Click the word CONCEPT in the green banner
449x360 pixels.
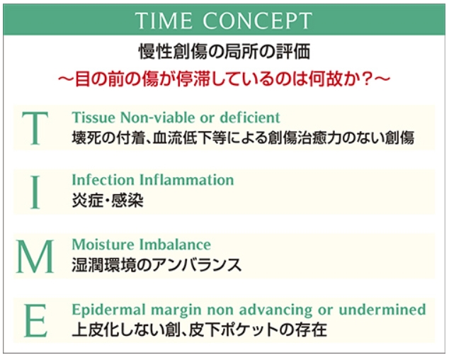coord(257,21)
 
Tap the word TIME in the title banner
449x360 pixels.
coord(164,21)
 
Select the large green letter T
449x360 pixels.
coord(35,128)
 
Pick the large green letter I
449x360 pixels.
coord(35,192)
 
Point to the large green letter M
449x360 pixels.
coord(35,257)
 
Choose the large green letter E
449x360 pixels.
coord(35,320)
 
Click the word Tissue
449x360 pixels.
coord(93,118)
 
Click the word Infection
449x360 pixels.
coord(103,180)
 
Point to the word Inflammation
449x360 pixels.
coord(187,180)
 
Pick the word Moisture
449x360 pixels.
coord(103,244)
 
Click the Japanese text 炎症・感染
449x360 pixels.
coord(108,200)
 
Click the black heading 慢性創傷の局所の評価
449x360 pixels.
coord(224,51)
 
